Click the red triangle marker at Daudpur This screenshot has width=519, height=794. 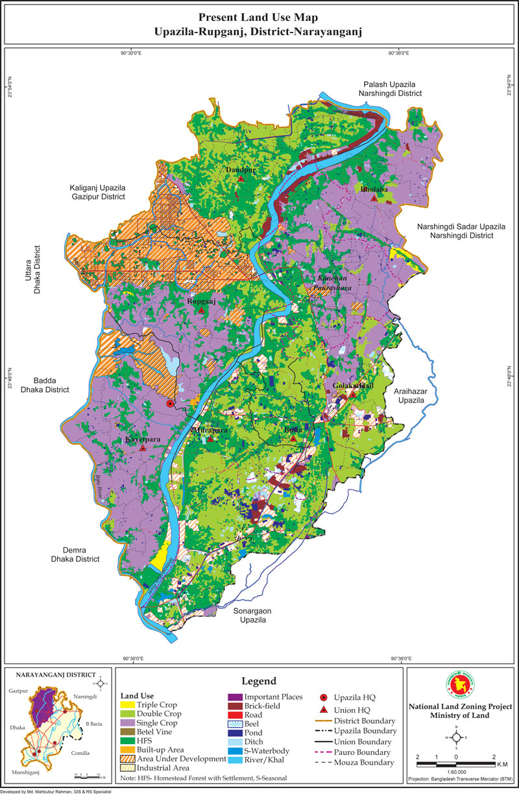pos(241,179)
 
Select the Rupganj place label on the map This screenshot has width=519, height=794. pos(200,302)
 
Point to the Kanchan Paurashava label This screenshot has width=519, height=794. pos(328,282)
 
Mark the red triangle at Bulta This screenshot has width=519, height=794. pos(293,439)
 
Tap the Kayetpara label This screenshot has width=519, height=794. pos(142,440)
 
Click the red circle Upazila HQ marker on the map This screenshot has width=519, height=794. pos(170,404)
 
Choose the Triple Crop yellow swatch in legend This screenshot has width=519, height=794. pos(127,704)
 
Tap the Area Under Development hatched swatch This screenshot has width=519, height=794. pos(127,759)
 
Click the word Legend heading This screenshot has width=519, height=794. pos(259,681)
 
